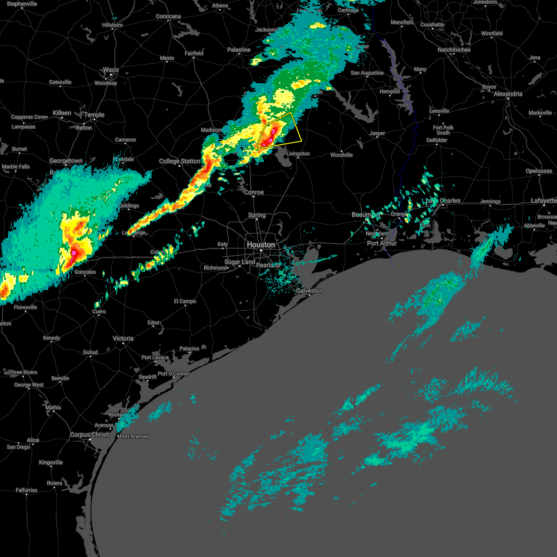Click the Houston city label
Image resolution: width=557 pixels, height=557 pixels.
[261, 245]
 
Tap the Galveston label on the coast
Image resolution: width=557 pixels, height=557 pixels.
[310, 291]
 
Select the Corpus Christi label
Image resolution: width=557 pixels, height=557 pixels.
[90, 435]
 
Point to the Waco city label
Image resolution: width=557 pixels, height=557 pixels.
[111, 70]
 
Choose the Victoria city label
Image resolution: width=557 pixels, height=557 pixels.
[123, 338]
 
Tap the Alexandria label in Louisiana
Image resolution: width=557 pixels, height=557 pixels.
[508, 94]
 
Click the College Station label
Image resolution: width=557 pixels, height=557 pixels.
[179, 161]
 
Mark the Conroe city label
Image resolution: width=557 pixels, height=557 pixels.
[254, 192]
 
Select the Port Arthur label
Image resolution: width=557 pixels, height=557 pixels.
[382, 243]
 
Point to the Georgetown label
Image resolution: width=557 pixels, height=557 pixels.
[66, 161]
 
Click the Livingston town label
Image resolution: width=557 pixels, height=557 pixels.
[298, 154]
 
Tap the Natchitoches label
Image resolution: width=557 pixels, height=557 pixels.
[454, 50]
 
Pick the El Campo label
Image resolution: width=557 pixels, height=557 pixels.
[185, 301]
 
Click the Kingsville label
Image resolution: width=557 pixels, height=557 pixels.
[51, 462]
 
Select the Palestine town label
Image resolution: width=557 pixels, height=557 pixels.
[239, 50]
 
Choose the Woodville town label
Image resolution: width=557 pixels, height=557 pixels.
[342, 155]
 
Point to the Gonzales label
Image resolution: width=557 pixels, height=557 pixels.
[85, 272]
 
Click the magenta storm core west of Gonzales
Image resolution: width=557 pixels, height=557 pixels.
[74, 253]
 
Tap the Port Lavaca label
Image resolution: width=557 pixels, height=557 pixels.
[155, 357]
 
